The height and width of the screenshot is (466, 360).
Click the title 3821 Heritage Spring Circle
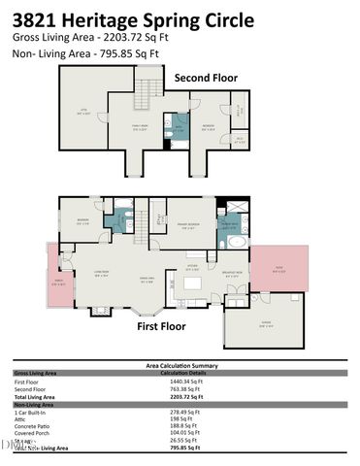[134, 19]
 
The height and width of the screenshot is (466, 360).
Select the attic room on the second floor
[82, 113]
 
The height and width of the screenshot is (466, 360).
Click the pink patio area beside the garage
[278, 268]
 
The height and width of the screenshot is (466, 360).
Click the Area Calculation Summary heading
[179, 366]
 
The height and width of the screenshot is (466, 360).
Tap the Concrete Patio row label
[33, 425]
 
